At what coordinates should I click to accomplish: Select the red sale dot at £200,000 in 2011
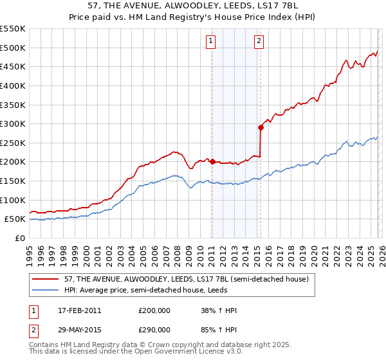point(212,162)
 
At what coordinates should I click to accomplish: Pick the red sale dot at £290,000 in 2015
point(261,127)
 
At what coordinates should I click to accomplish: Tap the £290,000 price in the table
point(154,329)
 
